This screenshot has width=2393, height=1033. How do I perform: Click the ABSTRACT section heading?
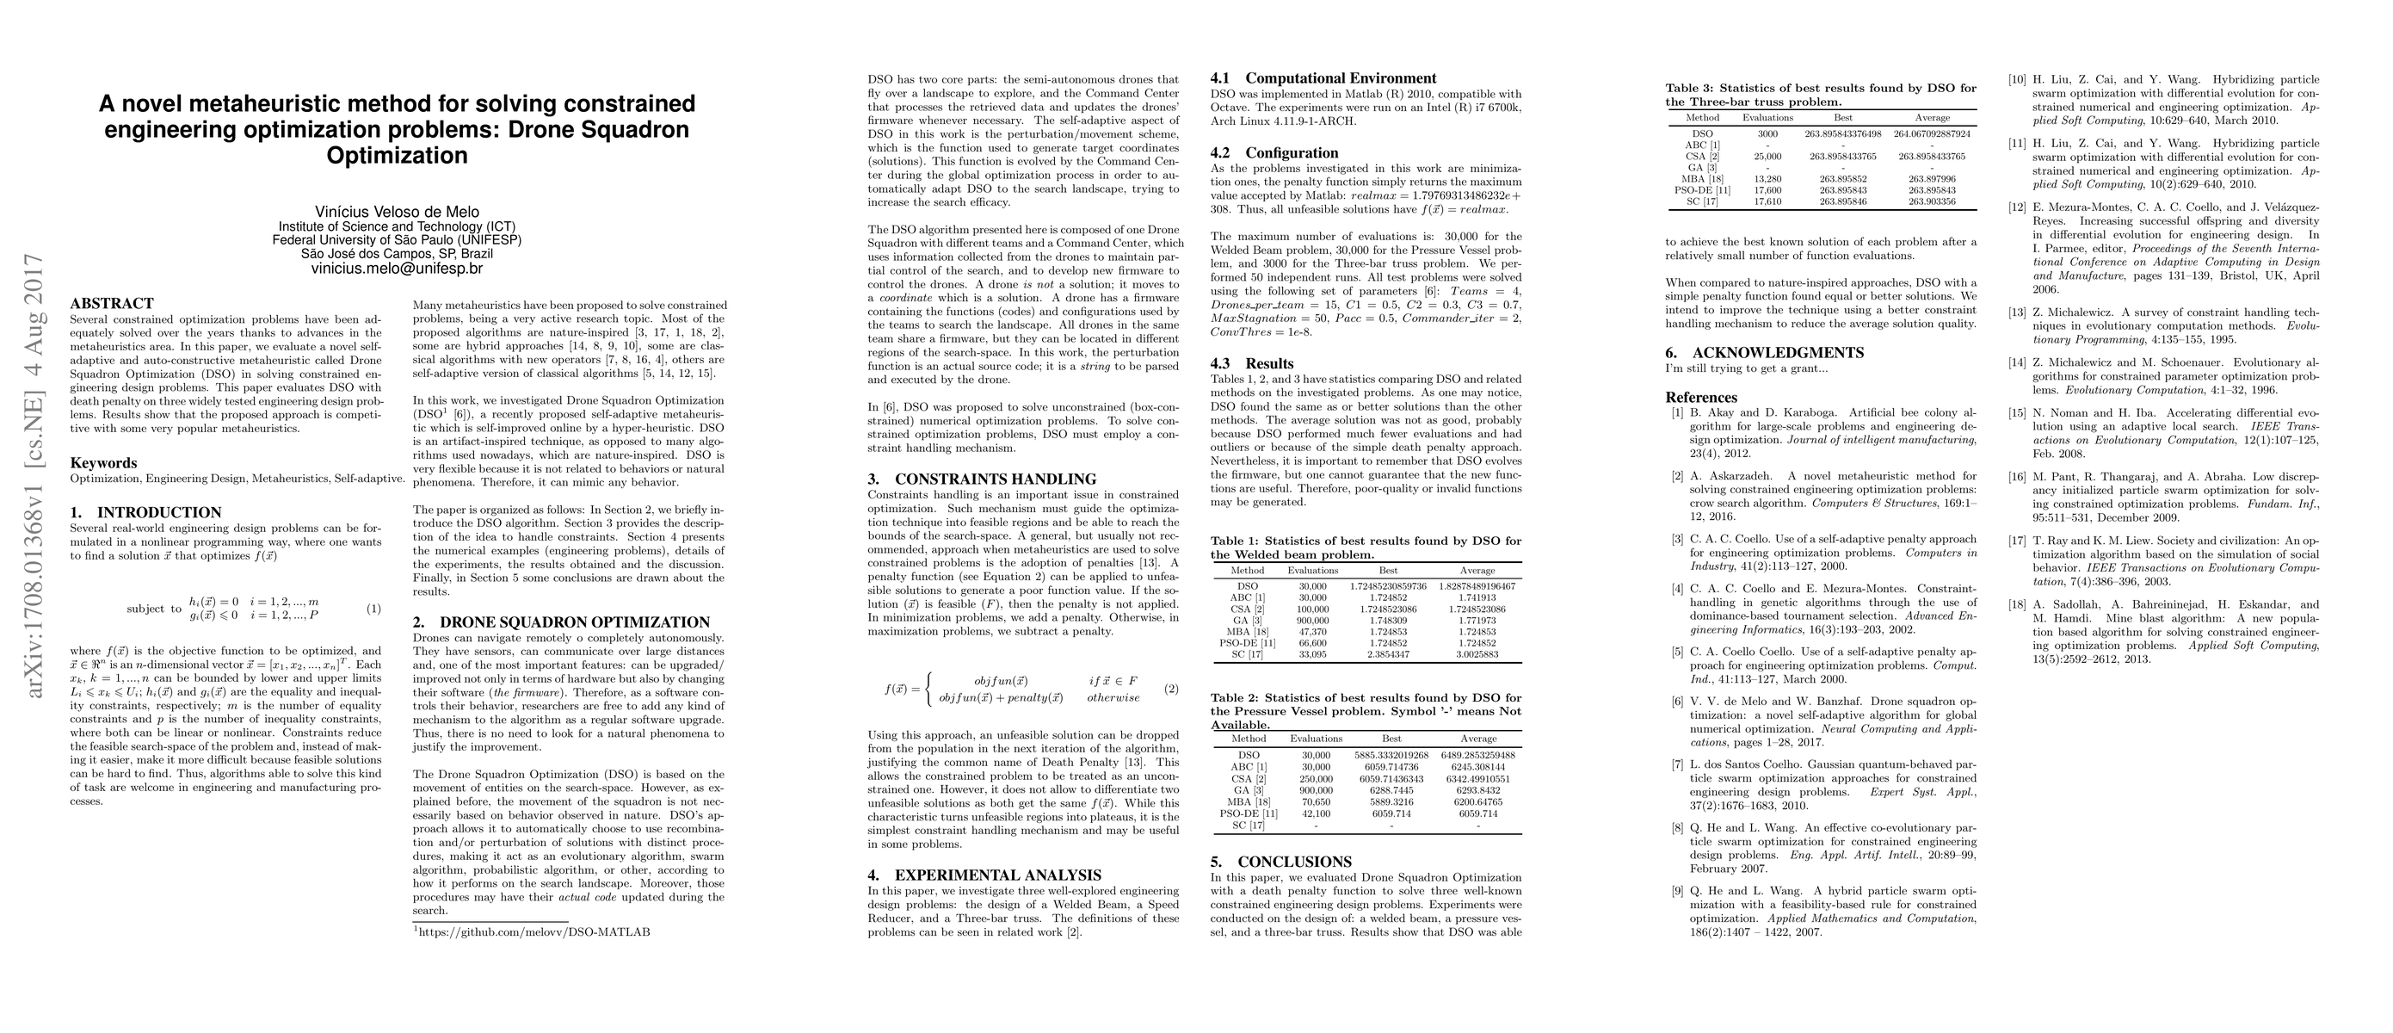[112, 304]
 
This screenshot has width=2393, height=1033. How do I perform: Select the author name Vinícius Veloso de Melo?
[397, 212]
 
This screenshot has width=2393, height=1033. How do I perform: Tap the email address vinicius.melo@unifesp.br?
[397, 269]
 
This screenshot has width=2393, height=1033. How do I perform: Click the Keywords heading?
[103, 462]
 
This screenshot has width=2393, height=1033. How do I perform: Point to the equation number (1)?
[373, 609]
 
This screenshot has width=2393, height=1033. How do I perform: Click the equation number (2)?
[1171, 690]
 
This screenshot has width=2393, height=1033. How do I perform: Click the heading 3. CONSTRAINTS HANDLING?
[982, 479]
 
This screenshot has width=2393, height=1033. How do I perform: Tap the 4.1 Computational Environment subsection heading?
[1323, 79]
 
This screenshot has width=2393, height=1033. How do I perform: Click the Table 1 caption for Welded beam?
[1366, 547]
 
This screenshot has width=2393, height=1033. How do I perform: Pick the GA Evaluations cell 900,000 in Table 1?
[1312, 621]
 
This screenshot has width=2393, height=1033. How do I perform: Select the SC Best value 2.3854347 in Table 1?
[1388, 654]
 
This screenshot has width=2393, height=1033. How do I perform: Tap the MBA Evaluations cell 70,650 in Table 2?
[1316, 801]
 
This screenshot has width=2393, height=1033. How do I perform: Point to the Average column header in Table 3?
[1930, 118]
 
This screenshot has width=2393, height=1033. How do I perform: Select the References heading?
[1701, 398]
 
